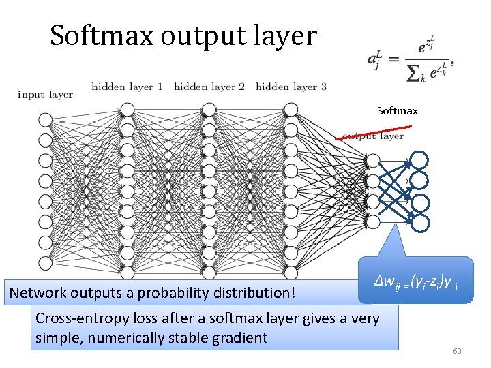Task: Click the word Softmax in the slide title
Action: coord(102,35)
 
